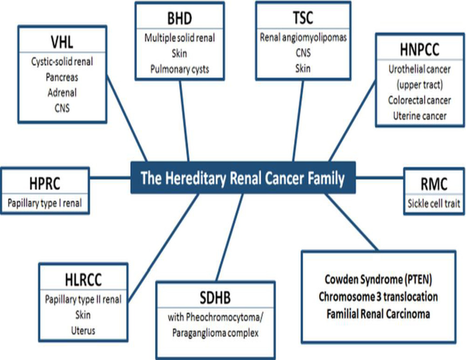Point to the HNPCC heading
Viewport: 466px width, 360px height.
coord(419,50)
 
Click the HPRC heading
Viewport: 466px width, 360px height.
coord(44,183)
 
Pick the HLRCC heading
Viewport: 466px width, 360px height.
coord(83,280)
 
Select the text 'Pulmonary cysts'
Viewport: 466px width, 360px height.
coord(179,69)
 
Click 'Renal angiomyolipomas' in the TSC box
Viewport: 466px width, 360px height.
coord(303,38)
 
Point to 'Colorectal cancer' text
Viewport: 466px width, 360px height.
coord(419,100)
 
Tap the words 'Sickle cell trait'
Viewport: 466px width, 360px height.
coord(434,204)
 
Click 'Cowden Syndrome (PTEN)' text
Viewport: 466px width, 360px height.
coord(378,280)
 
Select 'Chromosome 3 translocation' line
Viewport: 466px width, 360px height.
coord(378,297)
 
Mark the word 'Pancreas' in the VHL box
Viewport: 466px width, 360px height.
coord(62,77)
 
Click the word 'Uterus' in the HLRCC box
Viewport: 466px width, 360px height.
coord(83,330)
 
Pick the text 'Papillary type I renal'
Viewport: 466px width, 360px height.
coord(44,204)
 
